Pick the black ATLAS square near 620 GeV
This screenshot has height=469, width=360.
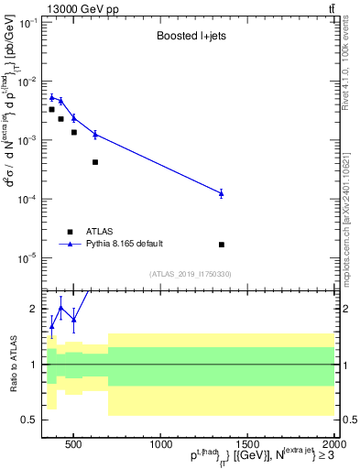(x=95, y=162)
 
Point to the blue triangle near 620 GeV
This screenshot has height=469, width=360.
(x=95, y=134)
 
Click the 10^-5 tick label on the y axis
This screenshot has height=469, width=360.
(x=27, y=257)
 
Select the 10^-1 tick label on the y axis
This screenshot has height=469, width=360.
(x=27, y=23)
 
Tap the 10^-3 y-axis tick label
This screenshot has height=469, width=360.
(x=27, y=140)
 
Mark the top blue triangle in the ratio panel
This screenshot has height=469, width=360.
(x=61, y=307)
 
